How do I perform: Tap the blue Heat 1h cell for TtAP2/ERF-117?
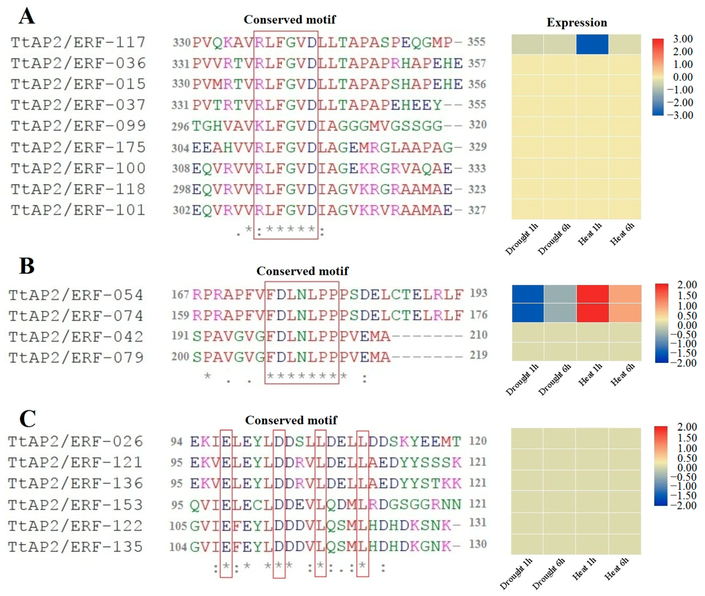click(592, 44)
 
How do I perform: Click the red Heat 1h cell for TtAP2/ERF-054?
click(593, 294)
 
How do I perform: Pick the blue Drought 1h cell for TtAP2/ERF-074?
click(527, 313)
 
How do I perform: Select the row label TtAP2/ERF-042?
click(76, 337)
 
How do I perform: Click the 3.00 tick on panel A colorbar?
click(683, 39)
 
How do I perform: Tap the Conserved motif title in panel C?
click(291, 420)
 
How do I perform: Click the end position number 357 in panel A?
click(477, 63)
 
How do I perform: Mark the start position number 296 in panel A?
click(180, 126)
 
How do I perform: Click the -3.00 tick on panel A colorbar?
click(680, 115)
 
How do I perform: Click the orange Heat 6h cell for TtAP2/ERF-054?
click(625, 294)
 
